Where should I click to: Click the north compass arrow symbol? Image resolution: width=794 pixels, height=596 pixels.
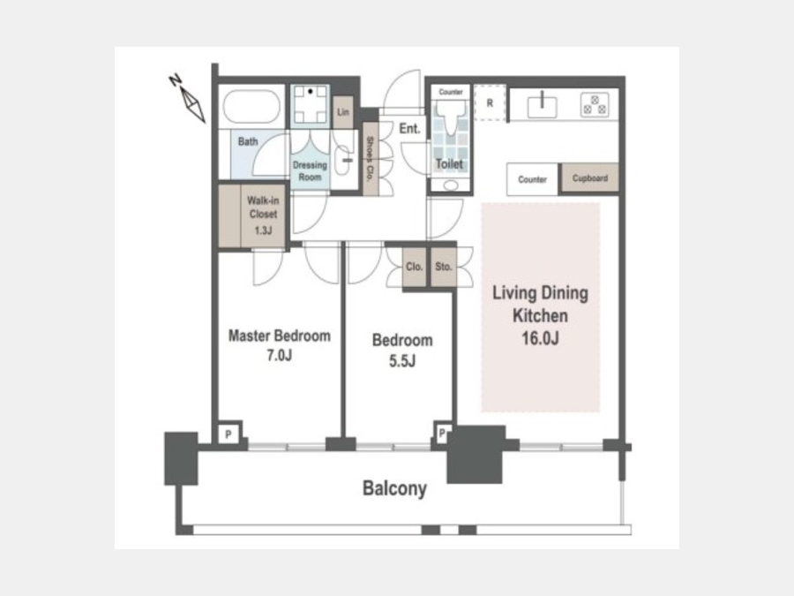193,104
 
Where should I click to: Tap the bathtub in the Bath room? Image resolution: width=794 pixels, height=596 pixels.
251,107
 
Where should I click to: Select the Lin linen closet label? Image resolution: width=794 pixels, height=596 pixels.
343,112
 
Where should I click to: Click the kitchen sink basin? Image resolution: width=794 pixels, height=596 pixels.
542,107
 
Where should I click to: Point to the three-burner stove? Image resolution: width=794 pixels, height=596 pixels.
595,105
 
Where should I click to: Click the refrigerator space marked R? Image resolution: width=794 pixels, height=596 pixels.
491,103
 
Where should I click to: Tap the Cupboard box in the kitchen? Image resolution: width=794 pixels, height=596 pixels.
590,177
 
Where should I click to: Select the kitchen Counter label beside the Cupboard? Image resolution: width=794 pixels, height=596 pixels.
532,179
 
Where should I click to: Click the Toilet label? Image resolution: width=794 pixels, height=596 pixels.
449,163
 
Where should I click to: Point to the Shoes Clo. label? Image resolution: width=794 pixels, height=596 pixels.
371,159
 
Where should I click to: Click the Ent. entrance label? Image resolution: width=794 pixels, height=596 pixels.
409,129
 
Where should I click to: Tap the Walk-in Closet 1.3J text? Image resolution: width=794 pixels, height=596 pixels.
263,215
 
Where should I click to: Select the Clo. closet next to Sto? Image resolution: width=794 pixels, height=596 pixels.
415,267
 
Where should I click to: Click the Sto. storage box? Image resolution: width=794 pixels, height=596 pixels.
444,267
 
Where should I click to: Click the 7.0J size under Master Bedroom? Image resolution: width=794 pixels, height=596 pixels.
280,355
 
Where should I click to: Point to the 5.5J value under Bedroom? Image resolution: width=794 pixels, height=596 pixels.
402,361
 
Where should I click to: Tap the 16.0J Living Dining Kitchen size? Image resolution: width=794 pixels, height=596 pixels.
540,338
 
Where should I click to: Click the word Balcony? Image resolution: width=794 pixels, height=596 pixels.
395,488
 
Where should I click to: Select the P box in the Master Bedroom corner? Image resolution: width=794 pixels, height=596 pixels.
228,434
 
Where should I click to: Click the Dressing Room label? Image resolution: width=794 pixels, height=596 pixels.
310,170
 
